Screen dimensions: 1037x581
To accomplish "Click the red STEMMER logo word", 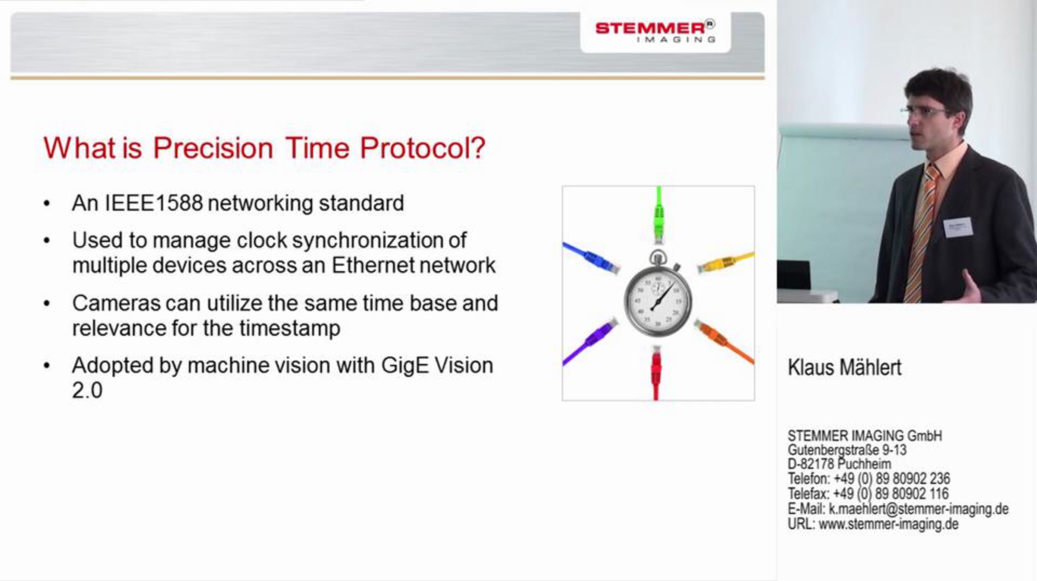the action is click(650, 28).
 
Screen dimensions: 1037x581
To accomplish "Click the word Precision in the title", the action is click(213, 148).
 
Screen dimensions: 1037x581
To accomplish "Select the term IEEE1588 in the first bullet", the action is click(154, 203).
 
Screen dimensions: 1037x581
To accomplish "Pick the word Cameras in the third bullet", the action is click(116, 303).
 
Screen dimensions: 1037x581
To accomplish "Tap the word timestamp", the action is click(290, 329).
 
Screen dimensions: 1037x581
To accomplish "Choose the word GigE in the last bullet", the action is click(405, 366).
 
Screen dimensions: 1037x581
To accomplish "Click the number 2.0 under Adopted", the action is click(87, 391).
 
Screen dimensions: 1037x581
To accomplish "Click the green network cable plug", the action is click(658, 220).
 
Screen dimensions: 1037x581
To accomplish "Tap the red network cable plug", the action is click(656, 367).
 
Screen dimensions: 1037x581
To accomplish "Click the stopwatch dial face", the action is click(658, 301).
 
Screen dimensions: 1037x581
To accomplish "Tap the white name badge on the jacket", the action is click(958, 227).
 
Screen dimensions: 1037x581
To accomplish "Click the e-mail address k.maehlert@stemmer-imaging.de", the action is click(919, 509).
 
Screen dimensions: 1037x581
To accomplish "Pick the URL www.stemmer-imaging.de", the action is click(889, 524).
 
